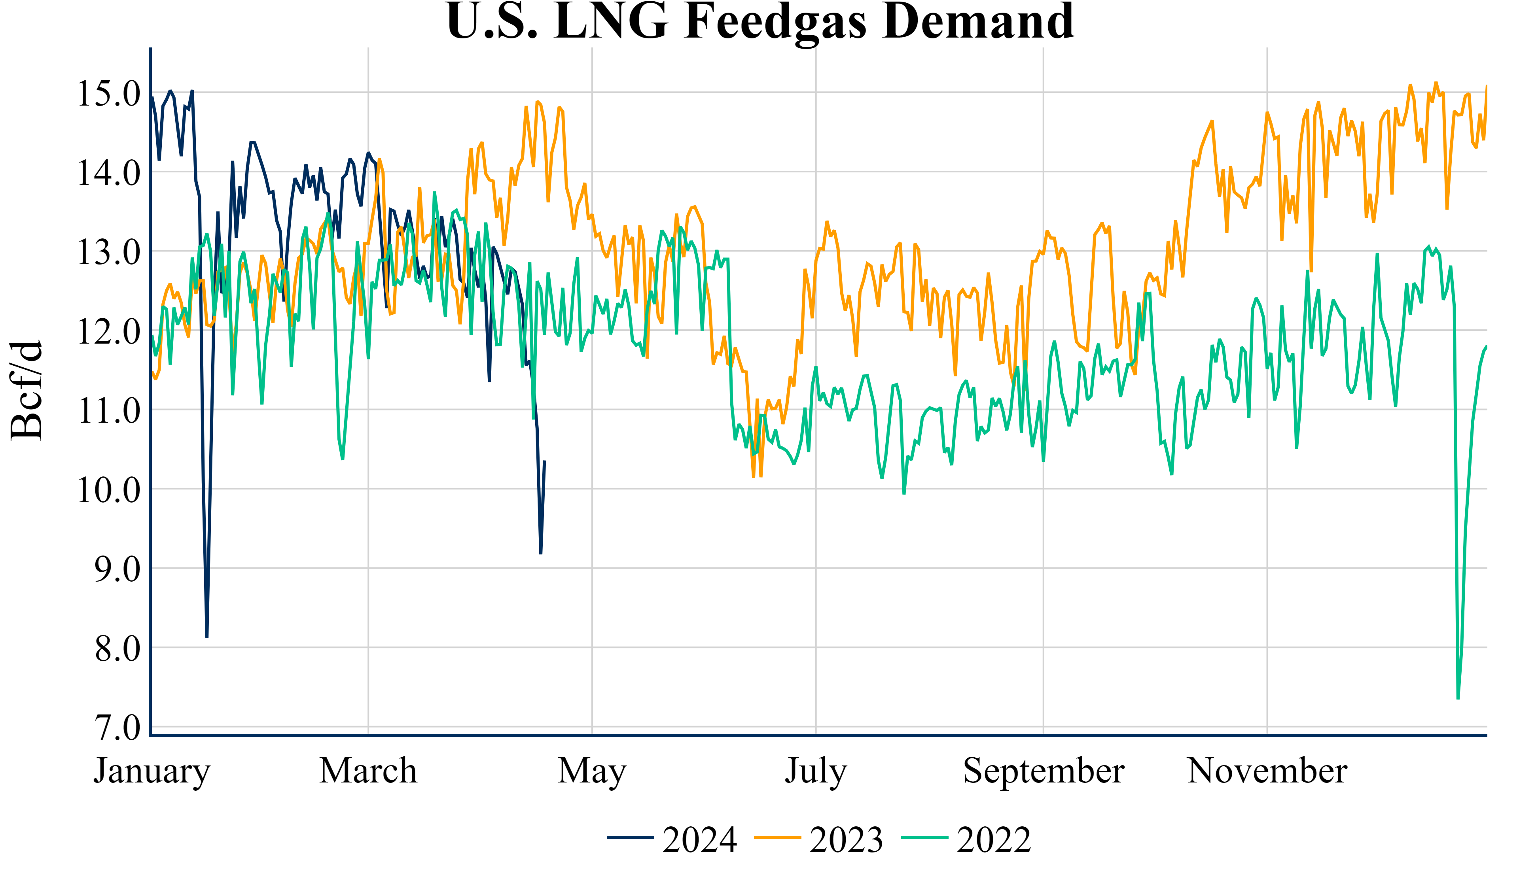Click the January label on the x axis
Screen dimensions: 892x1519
[152, 771]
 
